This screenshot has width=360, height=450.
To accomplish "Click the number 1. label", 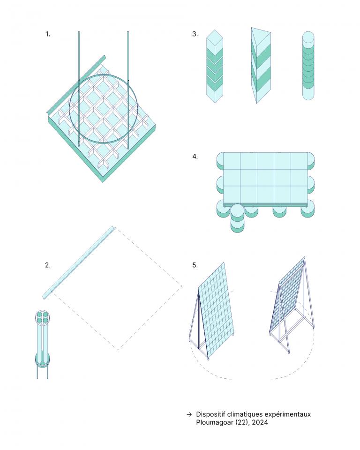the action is pyautogui.click(x=48, y=34).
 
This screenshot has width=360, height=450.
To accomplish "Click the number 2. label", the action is pyautogui.click(x=48, y=265).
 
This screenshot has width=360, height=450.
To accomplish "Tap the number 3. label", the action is pyautogui.click(x=195, y=34).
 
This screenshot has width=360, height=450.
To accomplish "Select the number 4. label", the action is pyautogui.click(x=195, y=157).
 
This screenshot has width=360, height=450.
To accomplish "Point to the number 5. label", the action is pyautogui.click(x=195, y=265).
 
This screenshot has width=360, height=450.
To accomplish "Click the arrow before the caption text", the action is pyautogui.click(x=189, y=414).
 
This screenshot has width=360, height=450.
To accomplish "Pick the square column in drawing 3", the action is pyautogui.click(x=215, y=66).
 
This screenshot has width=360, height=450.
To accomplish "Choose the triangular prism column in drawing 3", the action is pyautogui.click(x=261, y=66).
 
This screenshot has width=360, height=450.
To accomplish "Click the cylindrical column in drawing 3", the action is pyautogui.click(x=308, y=66).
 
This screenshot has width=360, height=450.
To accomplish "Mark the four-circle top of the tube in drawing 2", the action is pyautogui.click(x=42, y=317).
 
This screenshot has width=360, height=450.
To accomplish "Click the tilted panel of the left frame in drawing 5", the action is pyautogui.click(x=217, y=310).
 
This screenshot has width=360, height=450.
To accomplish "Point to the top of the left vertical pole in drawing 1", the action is pyautogui.click(x=79, y=31).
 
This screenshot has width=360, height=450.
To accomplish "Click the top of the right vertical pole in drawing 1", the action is pyautogui.click(x=128, y=31).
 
